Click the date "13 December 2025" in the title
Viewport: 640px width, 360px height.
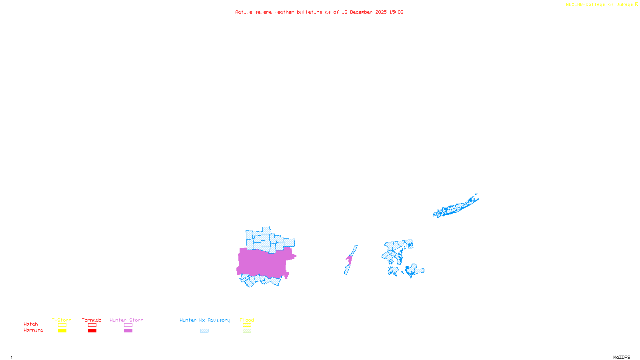coord(364,12)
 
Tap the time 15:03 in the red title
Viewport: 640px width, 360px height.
coord(396,12)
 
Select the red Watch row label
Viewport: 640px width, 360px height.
coord(31,324)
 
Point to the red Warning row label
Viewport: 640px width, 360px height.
coord(33,330)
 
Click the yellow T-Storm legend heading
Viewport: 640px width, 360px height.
coord(62,320)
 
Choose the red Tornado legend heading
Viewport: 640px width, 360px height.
coord(92,320)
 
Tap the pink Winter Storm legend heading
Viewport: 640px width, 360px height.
coord(126,320)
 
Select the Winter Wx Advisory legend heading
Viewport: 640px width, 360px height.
coord(205,320)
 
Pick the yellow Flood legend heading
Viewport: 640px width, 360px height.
coord(247,320)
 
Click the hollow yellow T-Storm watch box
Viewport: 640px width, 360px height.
coord(62,325)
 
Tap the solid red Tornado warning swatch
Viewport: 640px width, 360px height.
coord(92,331)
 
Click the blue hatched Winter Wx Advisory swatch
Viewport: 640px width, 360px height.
coord(204,331)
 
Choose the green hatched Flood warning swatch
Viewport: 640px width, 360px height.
coord(247,331)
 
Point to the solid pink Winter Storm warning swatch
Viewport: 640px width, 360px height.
coord(128,331)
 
